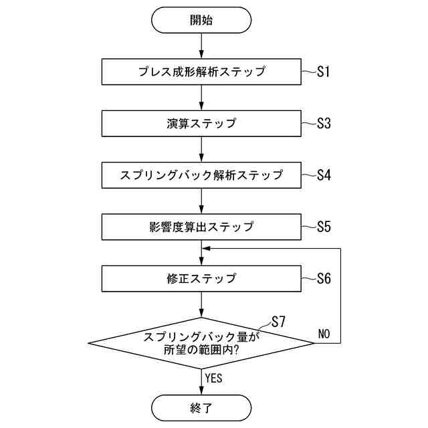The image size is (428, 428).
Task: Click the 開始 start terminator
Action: click(x=201, y=20)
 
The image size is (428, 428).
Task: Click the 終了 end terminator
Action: click(x=201, y=407)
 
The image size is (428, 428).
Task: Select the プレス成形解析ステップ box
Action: click(x=201, y=72)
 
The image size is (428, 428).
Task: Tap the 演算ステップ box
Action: click(x=201, y=124)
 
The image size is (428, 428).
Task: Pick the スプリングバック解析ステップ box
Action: click(x=201, y=175)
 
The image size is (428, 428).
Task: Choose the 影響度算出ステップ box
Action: click(x=201, y=227)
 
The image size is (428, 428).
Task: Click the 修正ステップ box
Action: click(x=201, y=278)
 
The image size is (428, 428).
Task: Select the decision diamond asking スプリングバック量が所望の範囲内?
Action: click(x=201, y=343)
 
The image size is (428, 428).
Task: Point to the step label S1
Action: click(x=324, y=72)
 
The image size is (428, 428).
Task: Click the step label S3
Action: click(x=324, y=124)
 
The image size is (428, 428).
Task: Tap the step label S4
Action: click(x=324, y=175)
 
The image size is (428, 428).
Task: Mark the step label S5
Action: click(x=324, y=227)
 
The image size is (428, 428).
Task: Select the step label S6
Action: click(x=324, y=278)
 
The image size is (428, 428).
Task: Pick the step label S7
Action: click(x=278, y=322)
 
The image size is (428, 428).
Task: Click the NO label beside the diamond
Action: click(x=324, y=333)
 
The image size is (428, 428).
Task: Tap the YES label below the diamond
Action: click(x=213, y=378)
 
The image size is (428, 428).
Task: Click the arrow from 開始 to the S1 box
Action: click(x=201, y=46)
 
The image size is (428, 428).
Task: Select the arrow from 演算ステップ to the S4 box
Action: click(x=201, y=150)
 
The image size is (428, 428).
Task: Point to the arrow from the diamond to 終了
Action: click(x=201, y=381)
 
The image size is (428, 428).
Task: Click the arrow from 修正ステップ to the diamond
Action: click(x=201, y=305)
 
